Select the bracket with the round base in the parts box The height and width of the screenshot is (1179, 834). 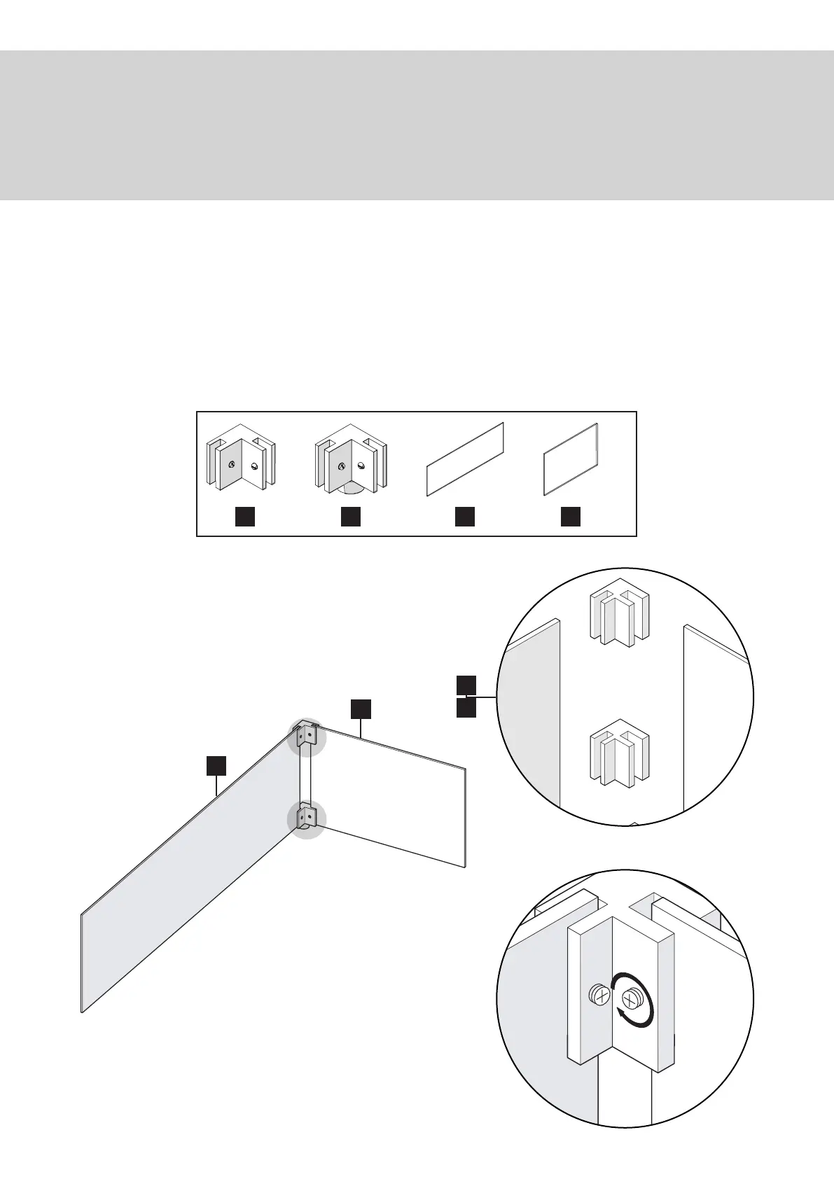(351, 461)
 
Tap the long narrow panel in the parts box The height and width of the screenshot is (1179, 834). (465, 459)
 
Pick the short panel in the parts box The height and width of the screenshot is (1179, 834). (571, 459)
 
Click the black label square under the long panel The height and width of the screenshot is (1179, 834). (465, 517)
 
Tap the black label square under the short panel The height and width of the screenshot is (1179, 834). (571, 517)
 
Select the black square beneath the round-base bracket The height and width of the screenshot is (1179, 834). (351, 517)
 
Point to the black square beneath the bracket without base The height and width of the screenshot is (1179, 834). (244, 517)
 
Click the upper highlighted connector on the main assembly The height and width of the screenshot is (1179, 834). (307, 736)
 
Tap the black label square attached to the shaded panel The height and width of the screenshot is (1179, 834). (216, 765)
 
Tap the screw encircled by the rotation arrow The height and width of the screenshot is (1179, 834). (633, 997)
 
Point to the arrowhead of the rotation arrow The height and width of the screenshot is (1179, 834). (621, 1013)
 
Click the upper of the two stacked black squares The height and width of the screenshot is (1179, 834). (466, 685)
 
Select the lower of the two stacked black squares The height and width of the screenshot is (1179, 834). (466, 709)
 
